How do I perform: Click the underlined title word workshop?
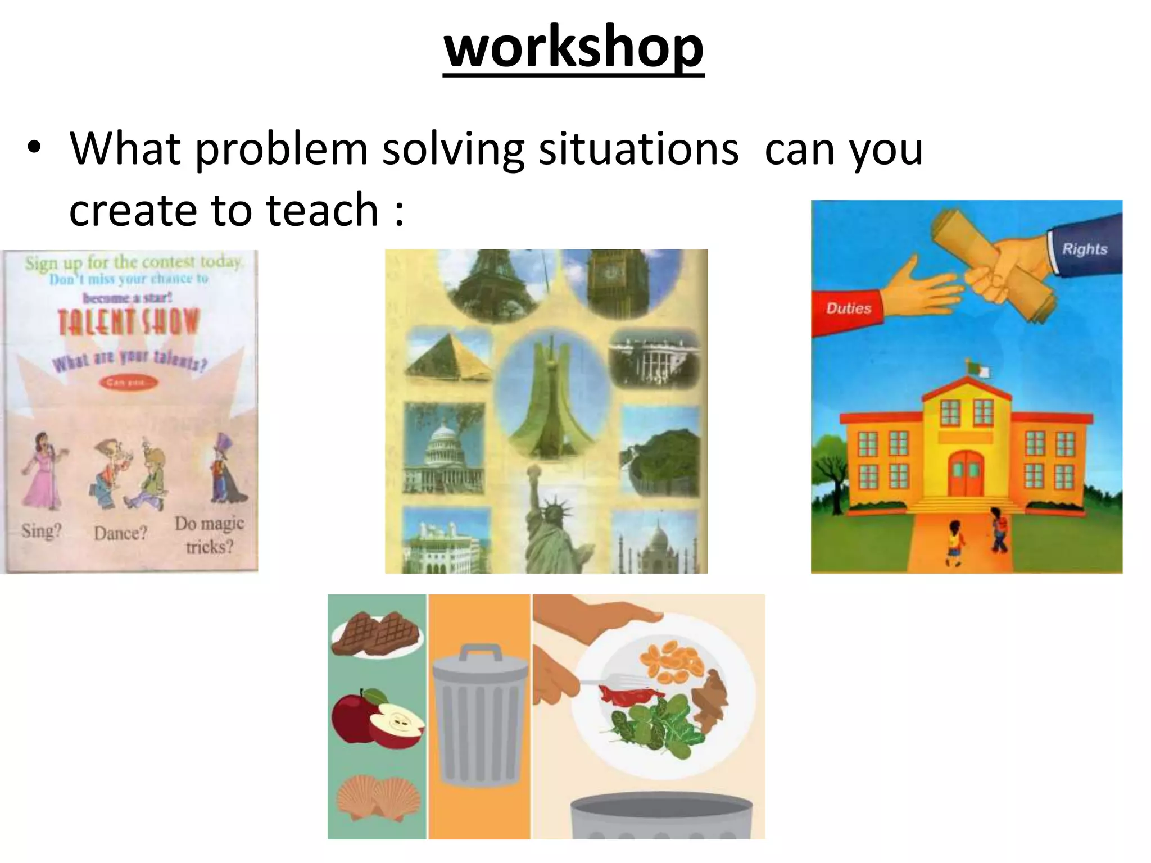point(573,48)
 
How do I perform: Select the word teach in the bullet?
point(322,210)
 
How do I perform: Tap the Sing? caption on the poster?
point(41,531)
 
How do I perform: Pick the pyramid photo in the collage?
point(450,357)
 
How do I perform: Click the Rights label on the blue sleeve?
point(1084,249)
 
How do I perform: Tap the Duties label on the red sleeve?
point(848,308)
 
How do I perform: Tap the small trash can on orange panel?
point(479,716)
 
